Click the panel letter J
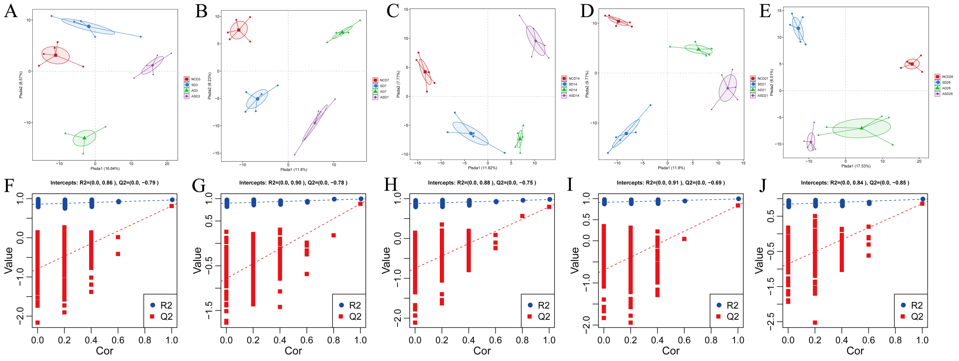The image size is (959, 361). pos(762,185)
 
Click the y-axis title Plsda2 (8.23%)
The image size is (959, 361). pos(210,86)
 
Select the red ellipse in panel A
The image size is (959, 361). pos(55,55)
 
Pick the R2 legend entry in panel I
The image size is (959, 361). pos(727,305)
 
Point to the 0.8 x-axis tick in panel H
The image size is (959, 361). pos(522,340)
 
